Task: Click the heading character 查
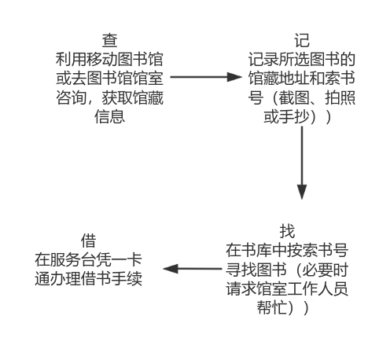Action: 109,41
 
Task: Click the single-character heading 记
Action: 302,41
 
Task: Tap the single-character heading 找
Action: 287,231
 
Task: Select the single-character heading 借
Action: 88,241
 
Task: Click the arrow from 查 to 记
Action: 206,77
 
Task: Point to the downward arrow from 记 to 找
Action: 302,163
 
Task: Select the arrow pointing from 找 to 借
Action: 193,269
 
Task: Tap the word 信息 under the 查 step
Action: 109,116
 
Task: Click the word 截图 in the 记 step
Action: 294,97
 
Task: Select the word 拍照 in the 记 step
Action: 340,97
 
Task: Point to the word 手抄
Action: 294,116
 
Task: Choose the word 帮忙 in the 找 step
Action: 272,307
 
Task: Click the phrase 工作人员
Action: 318,288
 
